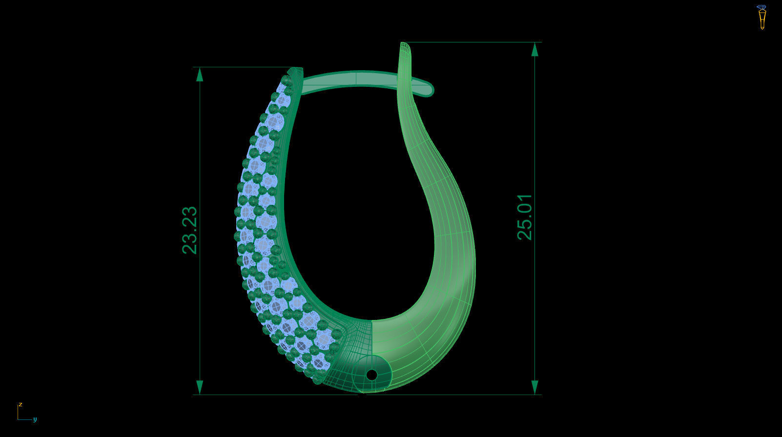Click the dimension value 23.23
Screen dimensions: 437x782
pos(190,230)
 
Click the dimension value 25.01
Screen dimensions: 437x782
pos(525,217)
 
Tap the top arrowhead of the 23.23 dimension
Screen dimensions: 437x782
pos(199,74)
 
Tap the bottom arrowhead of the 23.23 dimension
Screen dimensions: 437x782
pos(199,388)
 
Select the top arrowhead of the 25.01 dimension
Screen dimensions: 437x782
pos(535,49)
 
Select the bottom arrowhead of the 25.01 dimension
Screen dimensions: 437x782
pos(535,388)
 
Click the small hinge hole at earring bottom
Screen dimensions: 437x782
pos(371,375)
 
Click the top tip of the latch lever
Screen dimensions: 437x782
pos(405,45)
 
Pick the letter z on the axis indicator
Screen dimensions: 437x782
pos(21,404)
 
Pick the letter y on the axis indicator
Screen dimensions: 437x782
pos(35,419)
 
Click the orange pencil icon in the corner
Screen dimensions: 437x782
pos(761,18)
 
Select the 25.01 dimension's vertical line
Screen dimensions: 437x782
pos(535,146)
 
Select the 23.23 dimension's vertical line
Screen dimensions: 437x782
pos(199,146)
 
